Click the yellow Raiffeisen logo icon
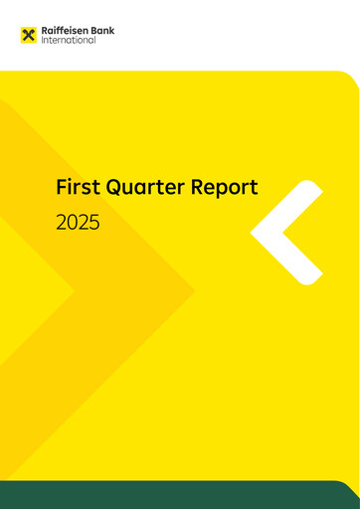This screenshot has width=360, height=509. click(28, 36)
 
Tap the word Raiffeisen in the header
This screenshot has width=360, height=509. click(65, 31)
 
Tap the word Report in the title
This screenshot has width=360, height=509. click(230, 188)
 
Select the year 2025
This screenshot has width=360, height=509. click(78, 223)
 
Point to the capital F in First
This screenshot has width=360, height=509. click(62, 187)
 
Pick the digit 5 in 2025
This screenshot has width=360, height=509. click(94, 223)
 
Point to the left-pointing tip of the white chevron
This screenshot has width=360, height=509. click(256, 233)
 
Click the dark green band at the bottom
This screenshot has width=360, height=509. click(179, 494)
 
